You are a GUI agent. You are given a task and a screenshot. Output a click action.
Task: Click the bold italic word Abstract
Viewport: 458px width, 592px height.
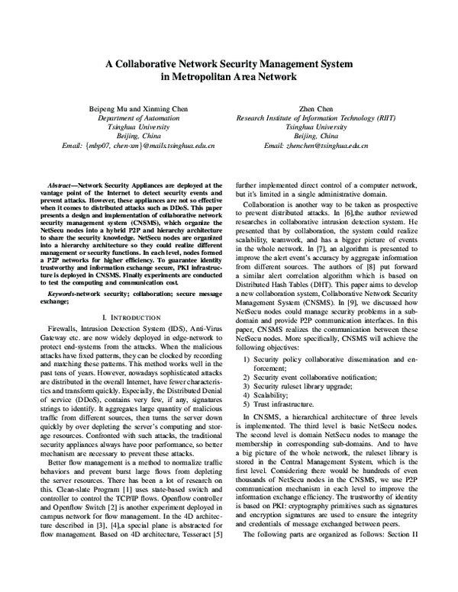pyautogui.click(x=61, y=185)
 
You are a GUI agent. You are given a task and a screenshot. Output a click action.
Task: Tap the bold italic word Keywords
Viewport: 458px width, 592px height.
pyautogui.click(x=63, y=271)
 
